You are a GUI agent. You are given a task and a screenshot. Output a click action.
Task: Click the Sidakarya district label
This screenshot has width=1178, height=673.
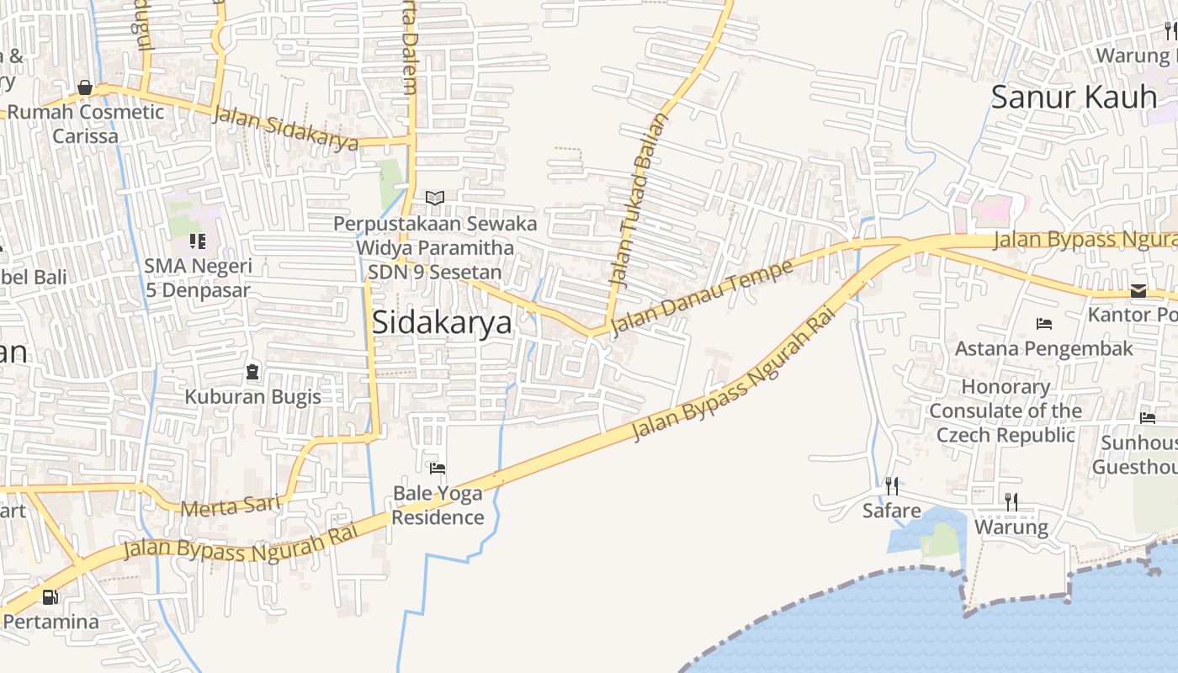point(442,322)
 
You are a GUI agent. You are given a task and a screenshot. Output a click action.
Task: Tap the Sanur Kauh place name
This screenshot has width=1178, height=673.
point(1074,97)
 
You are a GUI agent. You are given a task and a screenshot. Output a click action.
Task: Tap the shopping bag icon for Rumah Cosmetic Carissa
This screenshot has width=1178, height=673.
point(85,87)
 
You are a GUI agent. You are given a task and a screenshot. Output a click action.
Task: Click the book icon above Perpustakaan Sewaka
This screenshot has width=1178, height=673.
point(434,199)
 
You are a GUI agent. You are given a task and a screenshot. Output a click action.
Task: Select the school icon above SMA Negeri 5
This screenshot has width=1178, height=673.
point(198,242)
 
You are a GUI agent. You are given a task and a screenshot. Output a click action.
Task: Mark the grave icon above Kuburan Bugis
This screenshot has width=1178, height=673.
point(252,372)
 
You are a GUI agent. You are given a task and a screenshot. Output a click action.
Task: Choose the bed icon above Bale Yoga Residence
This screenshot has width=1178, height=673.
point(437,469)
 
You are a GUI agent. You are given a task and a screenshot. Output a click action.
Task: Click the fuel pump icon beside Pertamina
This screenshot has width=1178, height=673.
point(50,597)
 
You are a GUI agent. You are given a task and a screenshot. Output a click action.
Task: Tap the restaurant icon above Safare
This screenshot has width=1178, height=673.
point(891,485)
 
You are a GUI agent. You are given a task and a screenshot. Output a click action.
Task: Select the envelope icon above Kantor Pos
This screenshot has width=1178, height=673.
point(1138,291)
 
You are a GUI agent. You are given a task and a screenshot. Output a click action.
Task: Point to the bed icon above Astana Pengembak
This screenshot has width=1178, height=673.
point(1044,324)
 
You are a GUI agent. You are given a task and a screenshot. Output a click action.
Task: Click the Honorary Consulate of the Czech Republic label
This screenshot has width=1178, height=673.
point(1006,411)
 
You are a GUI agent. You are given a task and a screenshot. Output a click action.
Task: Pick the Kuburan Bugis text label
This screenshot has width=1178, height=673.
point(252,396)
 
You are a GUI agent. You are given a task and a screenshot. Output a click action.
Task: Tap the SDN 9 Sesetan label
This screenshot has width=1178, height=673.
point(434,272)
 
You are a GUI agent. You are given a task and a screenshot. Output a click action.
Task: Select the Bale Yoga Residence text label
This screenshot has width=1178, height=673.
point(438,505)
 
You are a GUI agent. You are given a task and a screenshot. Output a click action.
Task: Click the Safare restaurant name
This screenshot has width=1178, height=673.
point(891,511)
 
